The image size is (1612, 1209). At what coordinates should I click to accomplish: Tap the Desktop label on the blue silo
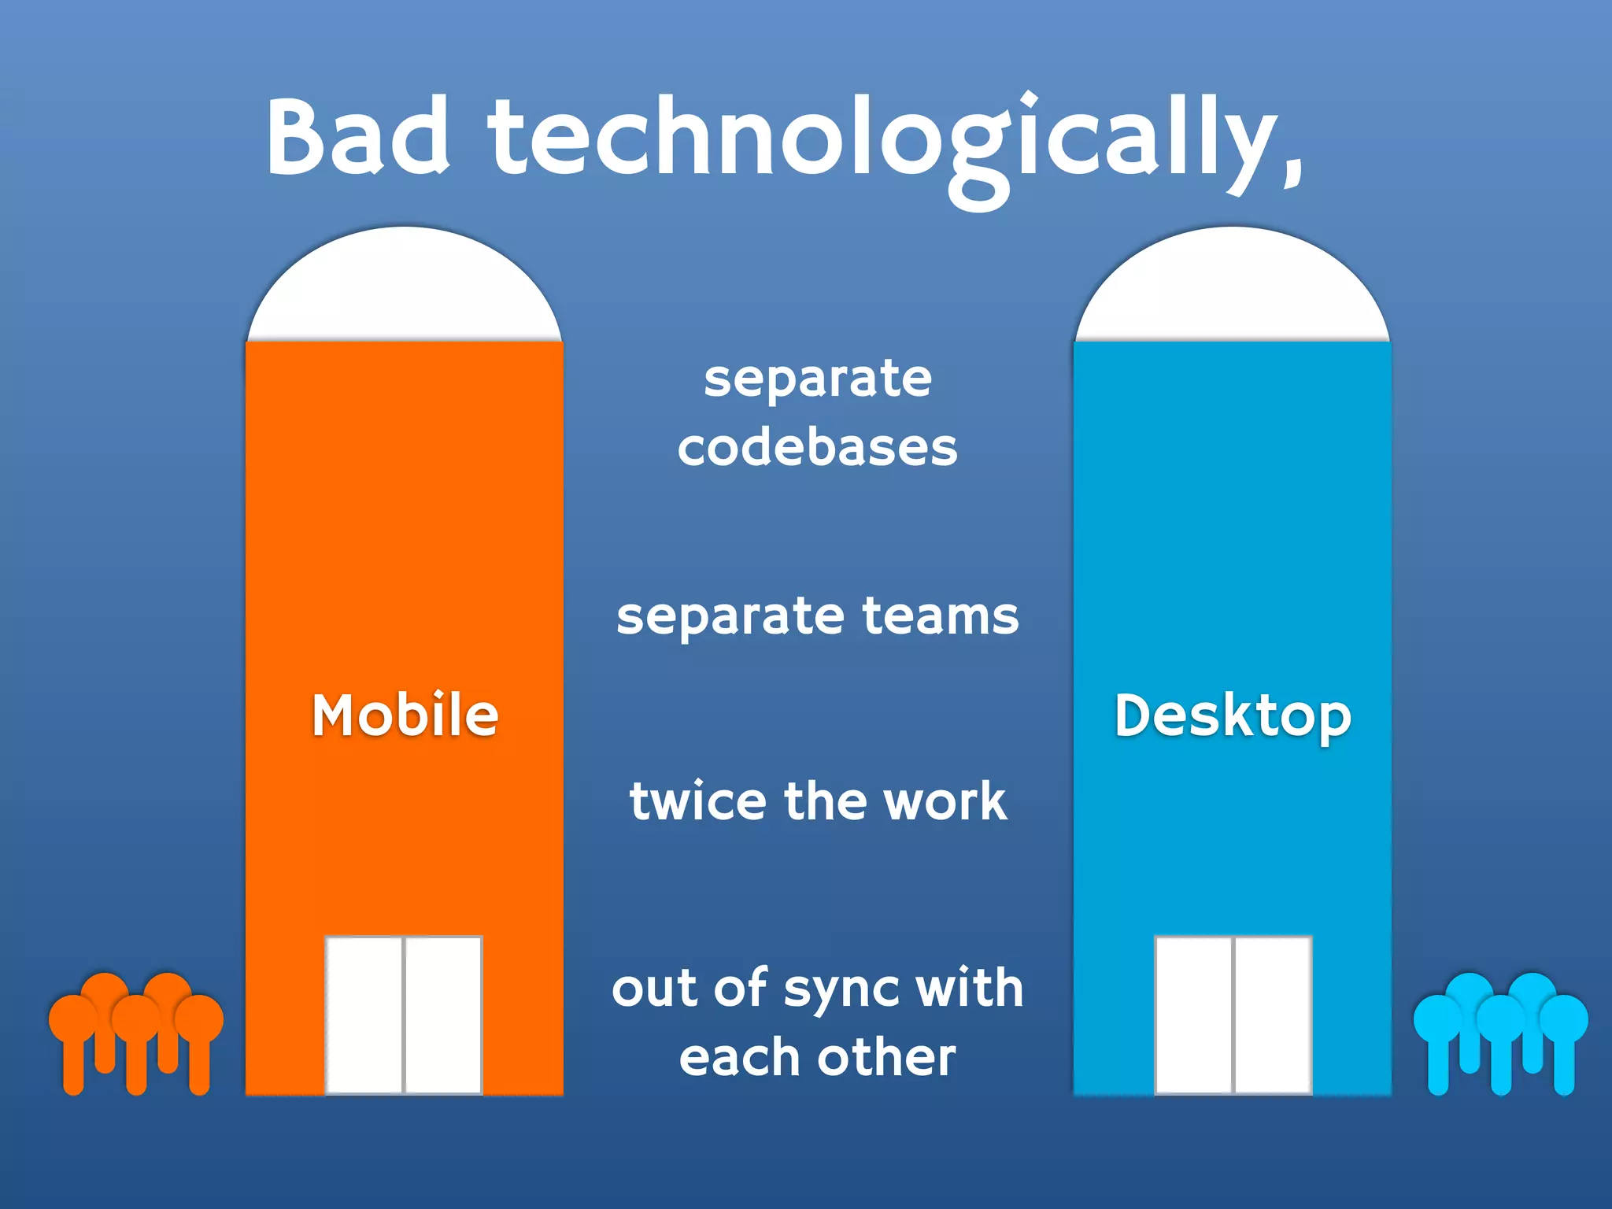(1233, 716)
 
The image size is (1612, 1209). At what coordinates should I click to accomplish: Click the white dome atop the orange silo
(405, 287)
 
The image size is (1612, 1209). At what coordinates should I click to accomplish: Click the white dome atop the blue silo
(1233, 287)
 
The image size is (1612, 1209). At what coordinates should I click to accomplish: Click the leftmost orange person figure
(73, 1039)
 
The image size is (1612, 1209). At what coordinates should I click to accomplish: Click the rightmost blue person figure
(1564, 1039)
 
